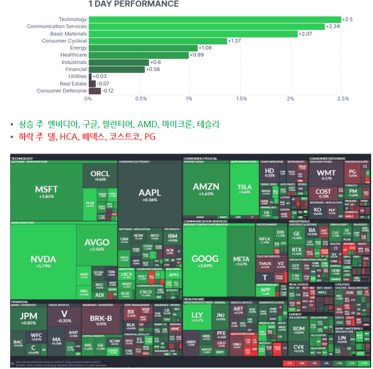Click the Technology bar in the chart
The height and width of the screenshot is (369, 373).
(214, 19)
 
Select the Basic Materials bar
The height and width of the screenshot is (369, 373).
(193, 34)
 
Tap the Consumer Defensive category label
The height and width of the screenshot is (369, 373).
(62, 91)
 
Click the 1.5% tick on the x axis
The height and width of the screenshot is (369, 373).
(241, 99)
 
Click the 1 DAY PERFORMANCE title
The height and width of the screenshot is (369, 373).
(133, 4)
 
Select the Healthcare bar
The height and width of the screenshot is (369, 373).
(139, 55)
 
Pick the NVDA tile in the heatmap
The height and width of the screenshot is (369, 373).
(43, 261)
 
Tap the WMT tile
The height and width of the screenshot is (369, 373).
(327, 175)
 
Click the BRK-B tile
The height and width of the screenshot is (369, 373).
(100, 319)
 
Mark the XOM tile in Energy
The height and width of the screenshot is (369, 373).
(298, 330)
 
